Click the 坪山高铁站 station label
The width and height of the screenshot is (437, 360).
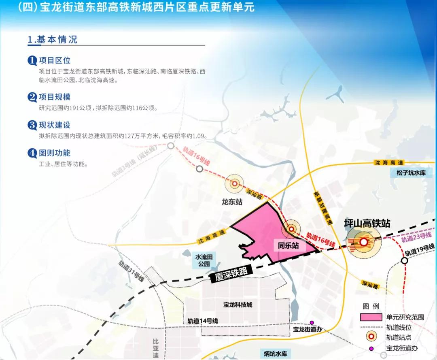[x=367, y=223]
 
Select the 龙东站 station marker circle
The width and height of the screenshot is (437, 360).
[x=234, y=184]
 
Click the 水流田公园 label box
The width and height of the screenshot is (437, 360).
[x=205, y=260]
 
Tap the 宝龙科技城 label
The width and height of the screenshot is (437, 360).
[x=238, y=305]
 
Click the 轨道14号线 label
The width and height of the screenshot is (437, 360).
[x=203, y=321]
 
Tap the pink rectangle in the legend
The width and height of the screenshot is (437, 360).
[x=371, y=317]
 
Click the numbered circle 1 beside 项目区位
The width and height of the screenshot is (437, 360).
[x=32, y=61]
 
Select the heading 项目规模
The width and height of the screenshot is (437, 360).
[x=55, y=97]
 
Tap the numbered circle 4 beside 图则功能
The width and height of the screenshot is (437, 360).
[x=32, y=153]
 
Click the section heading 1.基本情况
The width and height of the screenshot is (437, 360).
[x=52, y=40]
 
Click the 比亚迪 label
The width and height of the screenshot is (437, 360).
[x=155, y=348]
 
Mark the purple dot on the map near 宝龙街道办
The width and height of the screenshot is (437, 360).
[x=312, y=322]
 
